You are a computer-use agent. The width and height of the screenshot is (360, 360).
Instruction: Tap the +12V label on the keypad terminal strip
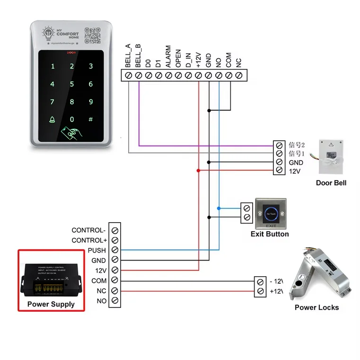click(198, 59)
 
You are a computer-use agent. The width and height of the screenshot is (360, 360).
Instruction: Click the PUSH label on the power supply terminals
click(97, 250)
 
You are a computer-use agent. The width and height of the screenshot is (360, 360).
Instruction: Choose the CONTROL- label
click(89, 230)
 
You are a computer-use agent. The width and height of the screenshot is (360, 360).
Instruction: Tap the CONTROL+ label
click(89, 240)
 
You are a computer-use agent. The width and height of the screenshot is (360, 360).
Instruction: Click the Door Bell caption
click(331, 182)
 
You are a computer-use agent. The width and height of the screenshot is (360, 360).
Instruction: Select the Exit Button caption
click(270, 234)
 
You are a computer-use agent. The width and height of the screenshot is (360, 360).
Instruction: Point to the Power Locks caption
click(316, 307)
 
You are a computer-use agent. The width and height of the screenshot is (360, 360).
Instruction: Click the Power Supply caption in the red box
click(51, 304)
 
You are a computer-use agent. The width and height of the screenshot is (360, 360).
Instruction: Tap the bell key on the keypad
click(53, 120)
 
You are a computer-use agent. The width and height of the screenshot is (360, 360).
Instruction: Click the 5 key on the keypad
click(72, 84)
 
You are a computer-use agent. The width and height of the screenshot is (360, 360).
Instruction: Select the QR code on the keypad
click(93, 36)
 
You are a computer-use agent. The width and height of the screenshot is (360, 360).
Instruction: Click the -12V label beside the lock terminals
click(276, 281)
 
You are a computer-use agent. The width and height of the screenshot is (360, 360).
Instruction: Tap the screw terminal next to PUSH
click(114, 250)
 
